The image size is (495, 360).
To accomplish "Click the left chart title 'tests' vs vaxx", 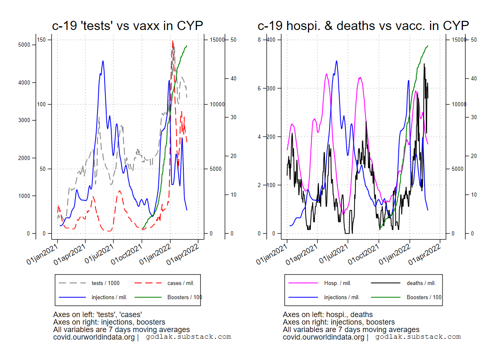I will [127, 25].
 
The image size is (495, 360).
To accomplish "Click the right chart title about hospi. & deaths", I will [363, 25].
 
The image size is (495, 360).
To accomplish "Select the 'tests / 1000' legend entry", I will [105, 283].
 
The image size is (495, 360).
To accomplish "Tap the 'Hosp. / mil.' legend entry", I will [337, 283].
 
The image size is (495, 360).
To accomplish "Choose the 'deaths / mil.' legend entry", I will [421, 283].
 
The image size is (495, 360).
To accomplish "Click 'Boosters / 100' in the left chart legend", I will [185, 297].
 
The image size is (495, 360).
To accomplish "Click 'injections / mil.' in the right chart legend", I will [342, 297].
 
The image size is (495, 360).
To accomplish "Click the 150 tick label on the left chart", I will [41, 40].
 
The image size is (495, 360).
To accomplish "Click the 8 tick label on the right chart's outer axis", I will [259, 40].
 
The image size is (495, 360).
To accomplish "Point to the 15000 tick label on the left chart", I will [217, 40].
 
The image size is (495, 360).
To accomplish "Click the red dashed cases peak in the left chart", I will [172, 41].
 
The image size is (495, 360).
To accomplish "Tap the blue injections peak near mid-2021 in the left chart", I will [102, 61].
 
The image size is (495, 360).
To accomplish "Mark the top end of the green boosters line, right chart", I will [428, 46].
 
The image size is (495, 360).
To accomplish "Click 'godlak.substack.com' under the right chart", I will [418, 337].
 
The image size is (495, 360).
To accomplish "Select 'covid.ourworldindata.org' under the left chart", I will [94, 337].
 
